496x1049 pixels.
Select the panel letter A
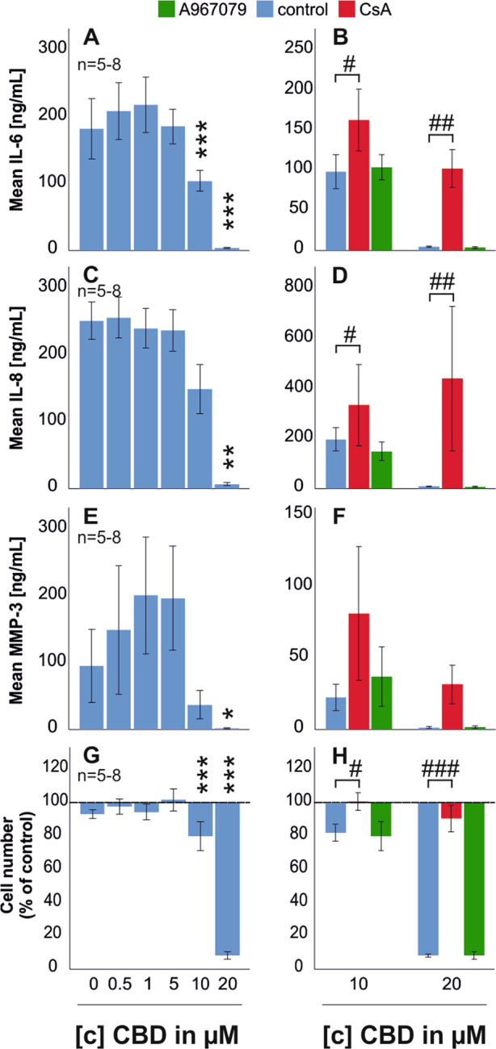pyautogui.click(x=92, y=39)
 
